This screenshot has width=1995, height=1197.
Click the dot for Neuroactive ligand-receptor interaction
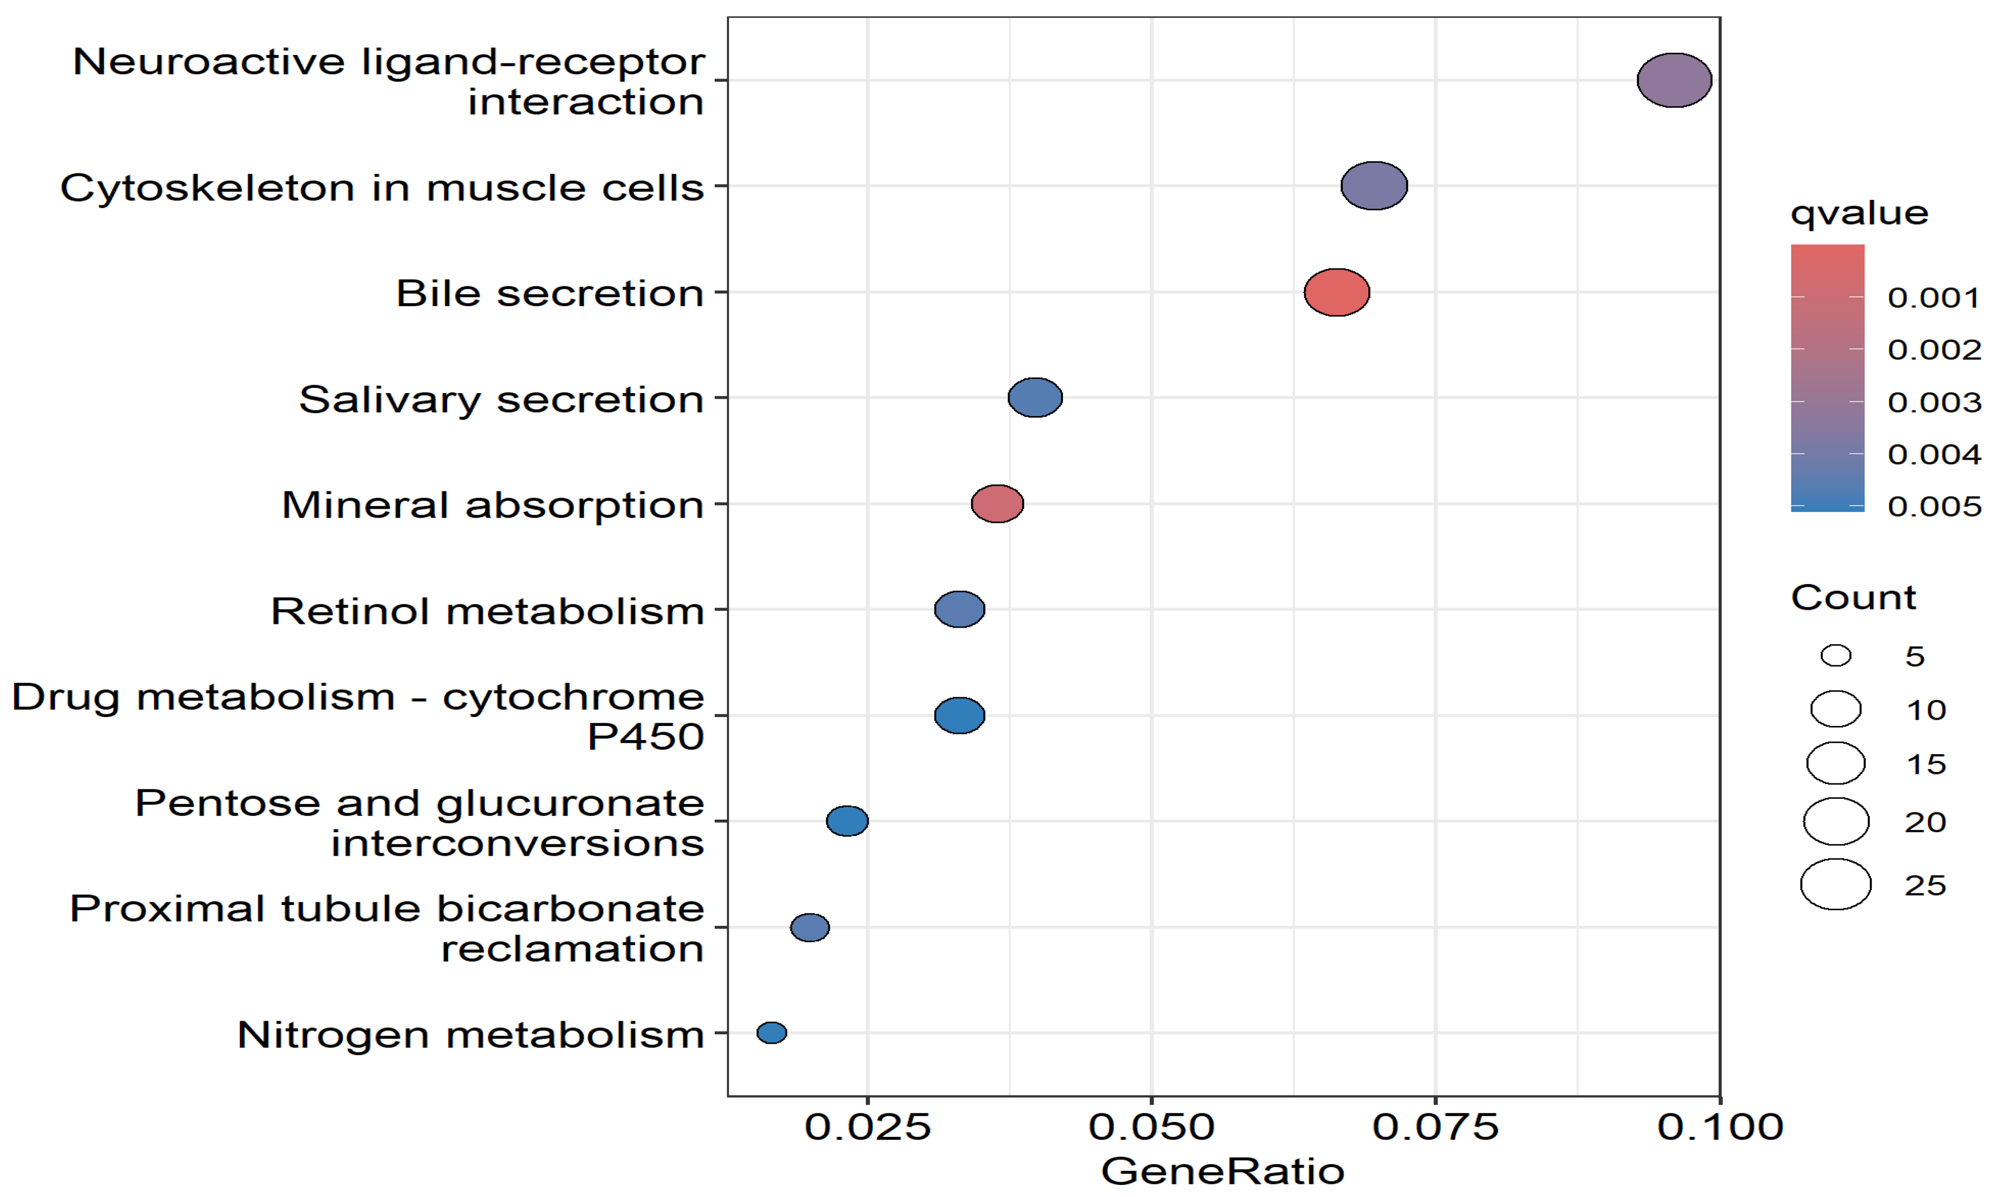coord(1674,80)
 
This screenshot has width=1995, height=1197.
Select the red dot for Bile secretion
coord(1337,292)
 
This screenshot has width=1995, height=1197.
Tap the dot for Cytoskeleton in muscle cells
coord(1374,185)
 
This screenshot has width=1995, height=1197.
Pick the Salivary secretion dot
coord(1035,398)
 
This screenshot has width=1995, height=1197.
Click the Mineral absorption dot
coord(997,504)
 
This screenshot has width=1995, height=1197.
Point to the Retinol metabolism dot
coord(959,609)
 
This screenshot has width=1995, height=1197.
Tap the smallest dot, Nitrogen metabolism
coord(771,1033)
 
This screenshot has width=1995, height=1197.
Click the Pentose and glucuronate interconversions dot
coord(847,821)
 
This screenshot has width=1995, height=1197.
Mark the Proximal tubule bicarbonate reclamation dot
coord(809,927)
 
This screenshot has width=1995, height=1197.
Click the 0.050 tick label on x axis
coord(1151,1127)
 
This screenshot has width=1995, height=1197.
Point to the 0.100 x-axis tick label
coord(1720,1127)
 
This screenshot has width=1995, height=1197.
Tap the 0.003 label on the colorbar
coord(1934,401)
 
